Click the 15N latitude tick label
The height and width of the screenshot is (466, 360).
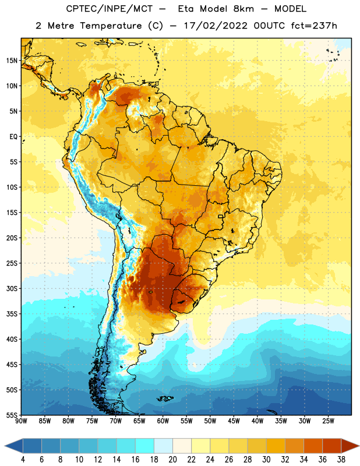pyautogui.click(x=12, y=61)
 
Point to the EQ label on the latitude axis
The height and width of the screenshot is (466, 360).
pyautogui.click(x=13, y=137)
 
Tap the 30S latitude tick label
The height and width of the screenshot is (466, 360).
pyautogui.click(x=12, y=288)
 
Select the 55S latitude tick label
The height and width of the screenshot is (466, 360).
pyautogui.click(x=12, y=415)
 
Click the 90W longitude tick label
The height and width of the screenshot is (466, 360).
pyautogui.click(x=21, y=421)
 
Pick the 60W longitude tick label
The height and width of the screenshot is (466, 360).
pyautogui.click(x=163, y=421)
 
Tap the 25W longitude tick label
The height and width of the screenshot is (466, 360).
pyautogui.click(x=328, y=421)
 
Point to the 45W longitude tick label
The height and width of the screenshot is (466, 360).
pyautogui.click(x=234, y=421)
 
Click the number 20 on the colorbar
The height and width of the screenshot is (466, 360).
pyautogui.click(x=172, y=460)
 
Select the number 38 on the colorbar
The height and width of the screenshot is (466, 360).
pyautogui.click(x=341, y=460)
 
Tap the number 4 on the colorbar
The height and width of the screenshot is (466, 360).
pyautogui.click(x=23, y=460)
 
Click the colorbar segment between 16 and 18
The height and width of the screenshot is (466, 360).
pyautogui.click(x=145, y=446)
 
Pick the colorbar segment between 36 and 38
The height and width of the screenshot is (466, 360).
pyautogui.click(x=332, y=446)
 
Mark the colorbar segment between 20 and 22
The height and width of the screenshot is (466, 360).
pyautogui.click(x=182, y=446)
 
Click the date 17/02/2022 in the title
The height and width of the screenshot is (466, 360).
pyautogui.click(x=216, y=26)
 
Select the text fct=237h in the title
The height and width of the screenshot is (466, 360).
pyautogui.click(x=314, y=26)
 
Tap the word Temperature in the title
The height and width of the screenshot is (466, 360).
pyautogui.click(x=111, y=26)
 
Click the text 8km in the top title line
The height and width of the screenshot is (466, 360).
pyautogui.click(x=243, y=9)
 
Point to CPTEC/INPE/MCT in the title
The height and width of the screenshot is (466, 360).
pyautogui.click(x=110, y=9)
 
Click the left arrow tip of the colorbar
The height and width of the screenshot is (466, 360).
pyautogui.click(x=5, y=446)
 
